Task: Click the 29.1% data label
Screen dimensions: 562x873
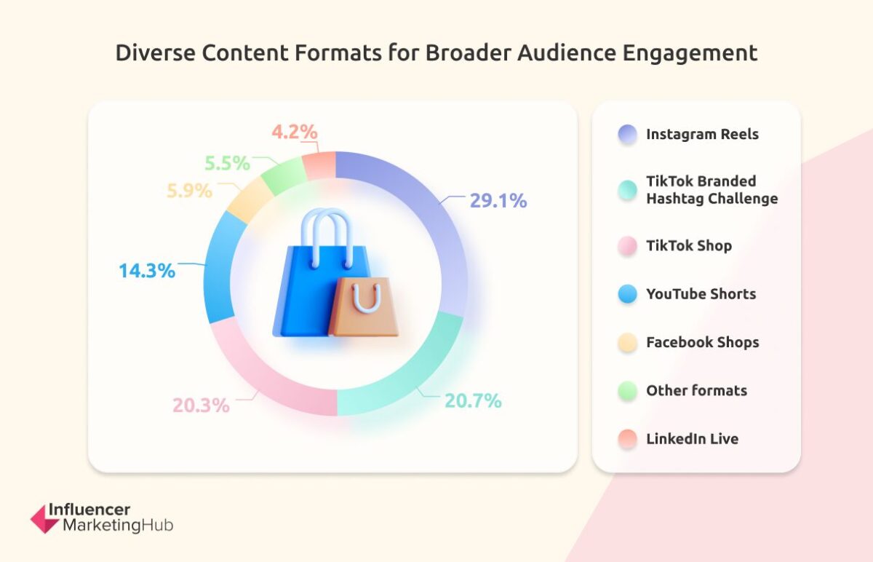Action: pyautogui.click(x=498, y=201)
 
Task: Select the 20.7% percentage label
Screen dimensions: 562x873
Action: pyautogui.click(x=473, y=400)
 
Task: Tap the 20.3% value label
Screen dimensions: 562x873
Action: pyautogui.click(x=201, y=405)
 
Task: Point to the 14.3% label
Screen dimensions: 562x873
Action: pyautogui.click(x=147, y=271)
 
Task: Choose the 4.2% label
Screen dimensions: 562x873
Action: pyautogui.click(x=295, y=132)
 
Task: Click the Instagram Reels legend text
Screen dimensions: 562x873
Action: pyautogui.click(x=702, y=135)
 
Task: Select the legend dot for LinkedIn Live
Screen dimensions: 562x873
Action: pyautogui.click(x=627, y=439)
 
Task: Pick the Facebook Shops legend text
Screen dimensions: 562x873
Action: pyautogui.click(x=702, y=342)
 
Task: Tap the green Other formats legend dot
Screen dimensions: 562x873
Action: pyautogui.click(x=627, y=391)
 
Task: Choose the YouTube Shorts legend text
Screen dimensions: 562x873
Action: pyautogui.click(x=701, y=294)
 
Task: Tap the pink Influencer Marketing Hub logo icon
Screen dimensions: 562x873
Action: pyautogui.click(x=44, y=518)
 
